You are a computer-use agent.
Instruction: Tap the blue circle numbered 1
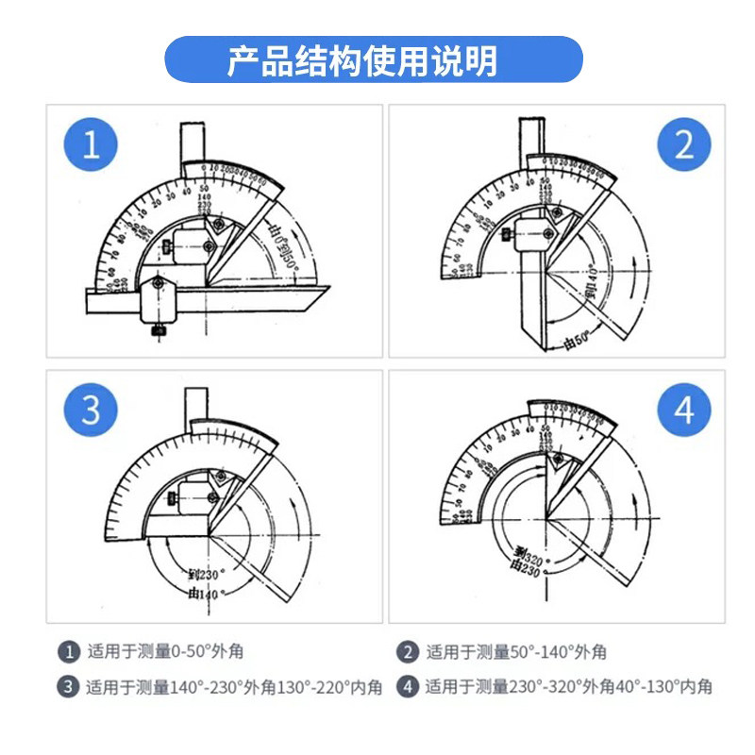click(92, 146)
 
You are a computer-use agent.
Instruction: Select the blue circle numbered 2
click(684, 146)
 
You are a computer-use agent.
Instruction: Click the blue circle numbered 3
click(92, 411)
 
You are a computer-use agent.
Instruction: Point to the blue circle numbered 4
click(684, 411)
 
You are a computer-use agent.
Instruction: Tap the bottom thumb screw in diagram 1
click(157, 330)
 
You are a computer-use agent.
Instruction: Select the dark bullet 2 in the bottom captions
click(408, 651)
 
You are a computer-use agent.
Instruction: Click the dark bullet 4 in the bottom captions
click(408, 686)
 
